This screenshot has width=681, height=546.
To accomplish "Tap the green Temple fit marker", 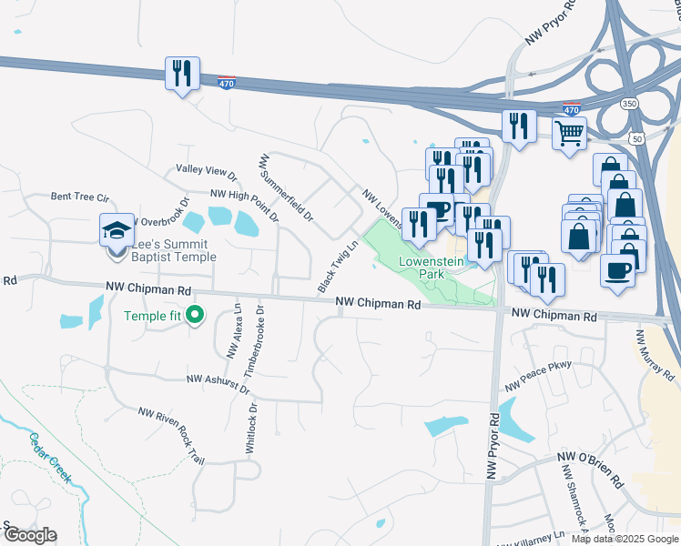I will pyautogui.click(x=194, y=316).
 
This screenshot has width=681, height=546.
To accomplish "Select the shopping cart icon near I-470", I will pyautogui.click(x=569, y=134).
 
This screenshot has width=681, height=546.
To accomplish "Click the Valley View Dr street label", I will pyautogui.click(x=206, y=170).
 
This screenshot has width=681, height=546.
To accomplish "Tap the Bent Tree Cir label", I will pyautogui.click(x=80, y=197).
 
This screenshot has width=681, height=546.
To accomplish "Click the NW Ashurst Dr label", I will pyautogui.click(x=217, y=379).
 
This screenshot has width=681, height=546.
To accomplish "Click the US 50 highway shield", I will pyautogui.click(x=635, y=138).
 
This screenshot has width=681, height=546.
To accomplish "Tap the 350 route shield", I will pyautogui.click(x=630, y=104).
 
